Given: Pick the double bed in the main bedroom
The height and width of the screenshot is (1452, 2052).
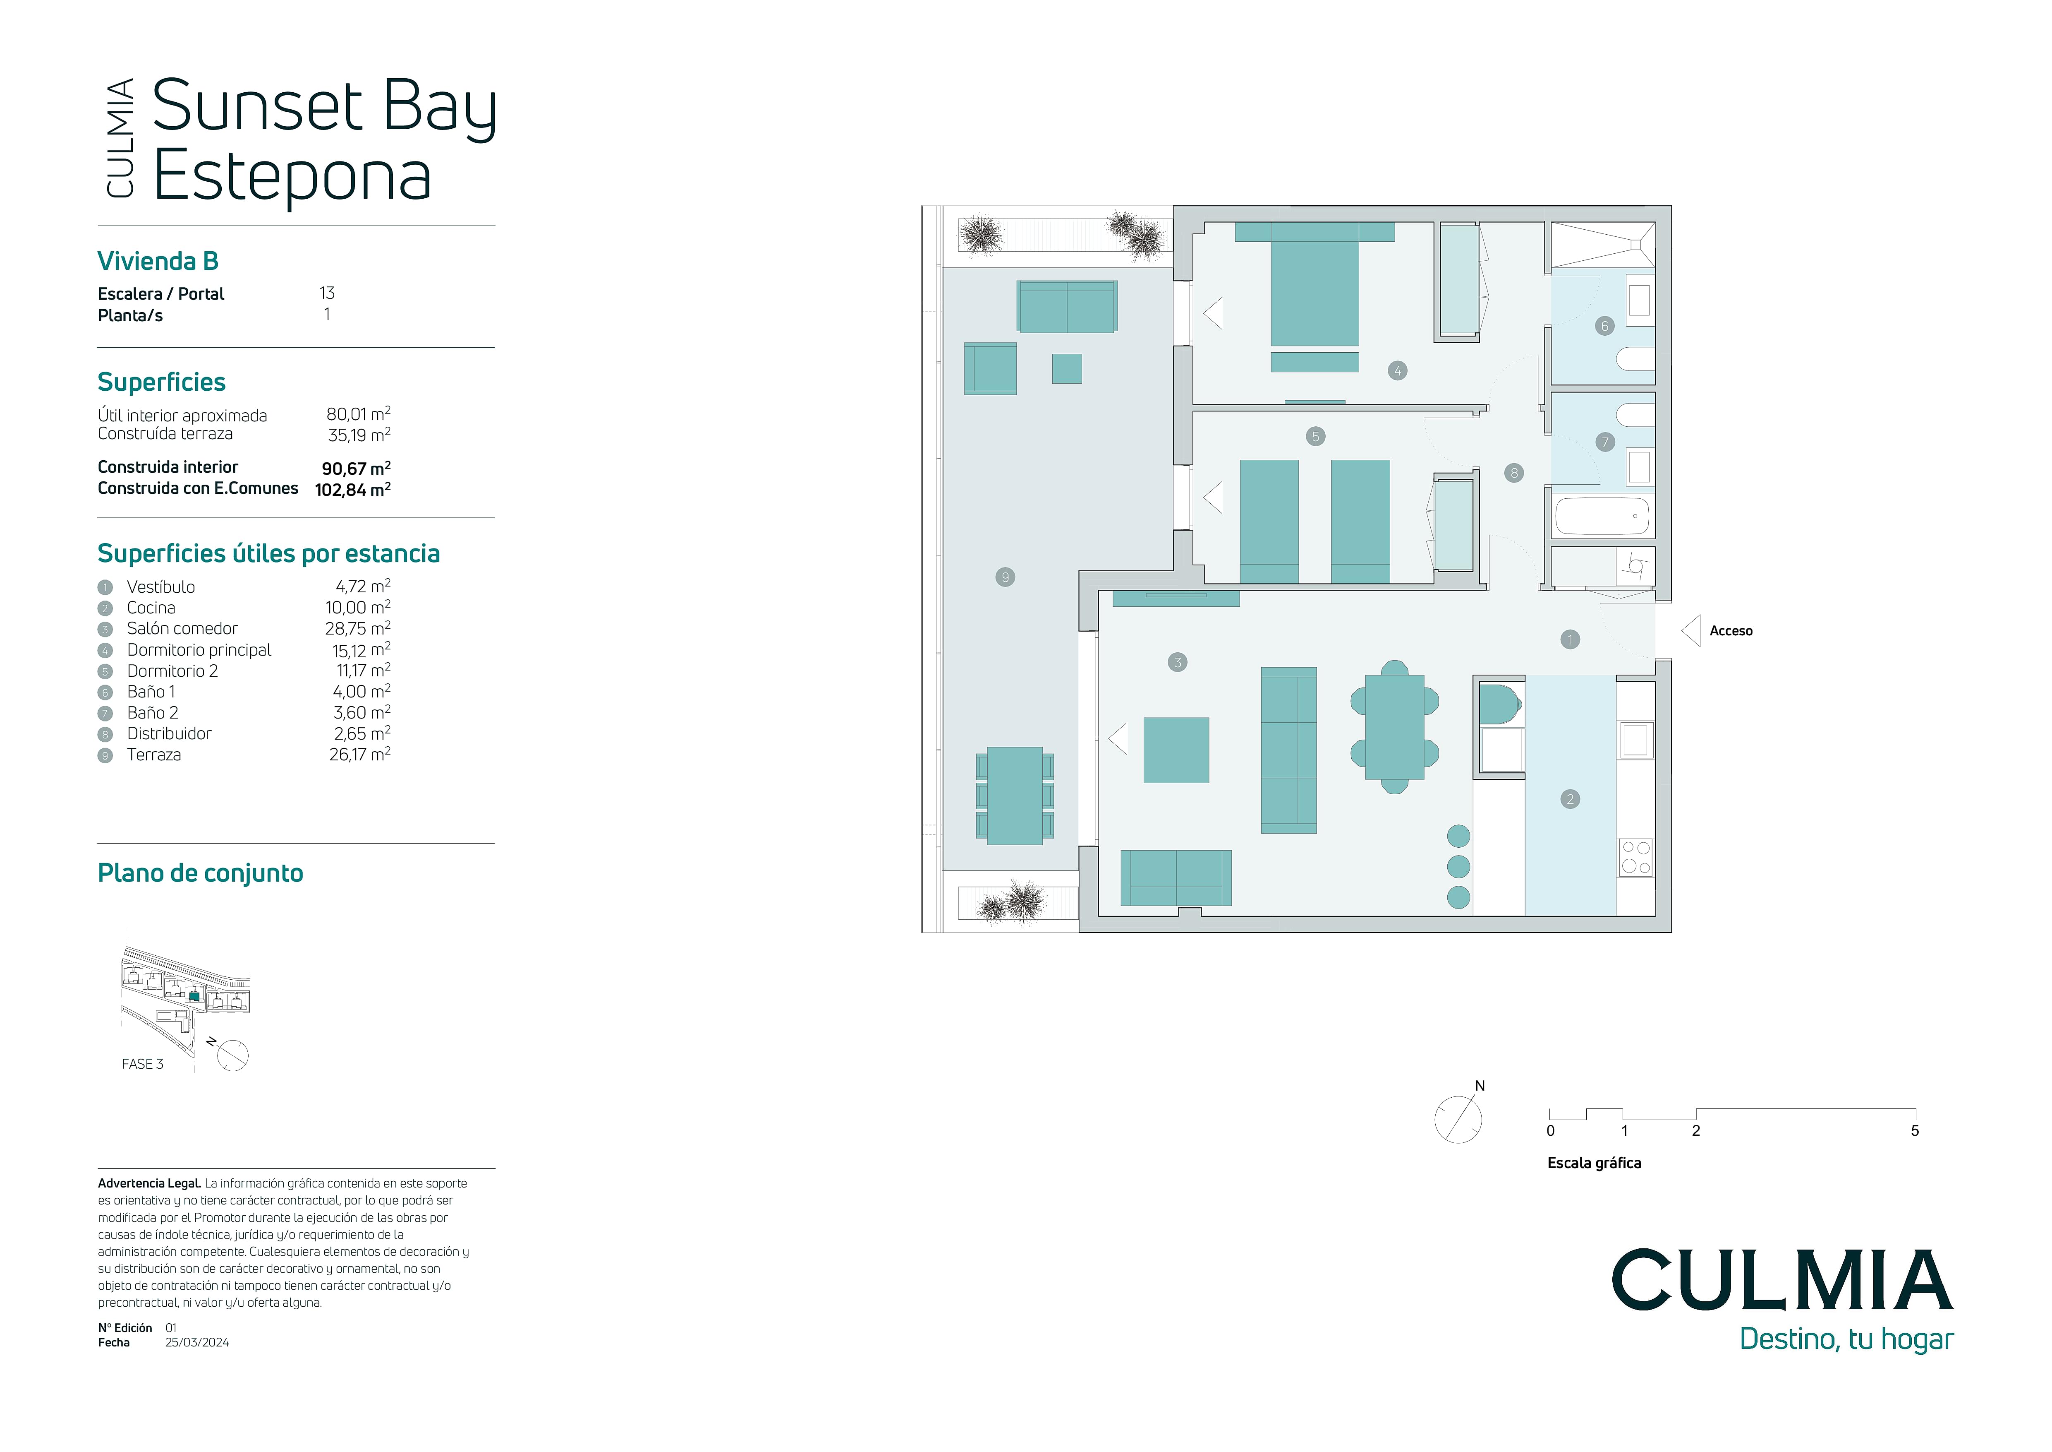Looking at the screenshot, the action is tap(1315, 284).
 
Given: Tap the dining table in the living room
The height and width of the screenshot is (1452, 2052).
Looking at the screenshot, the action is tap(1394, 727).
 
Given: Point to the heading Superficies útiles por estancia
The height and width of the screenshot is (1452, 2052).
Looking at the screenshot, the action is tap(268, 553).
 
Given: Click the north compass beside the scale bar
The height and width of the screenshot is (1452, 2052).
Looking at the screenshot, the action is tap(1458, 1118).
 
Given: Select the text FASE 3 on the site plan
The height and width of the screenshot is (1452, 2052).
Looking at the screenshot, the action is tap(142, 1064).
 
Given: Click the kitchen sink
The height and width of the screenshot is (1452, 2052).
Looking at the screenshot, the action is tap(1635, 740).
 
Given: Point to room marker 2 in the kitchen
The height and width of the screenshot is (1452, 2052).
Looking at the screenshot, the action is tap(1570, 799).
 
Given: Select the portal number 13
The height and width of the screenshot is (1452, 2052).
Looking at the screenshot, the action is tap(327, 293).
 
